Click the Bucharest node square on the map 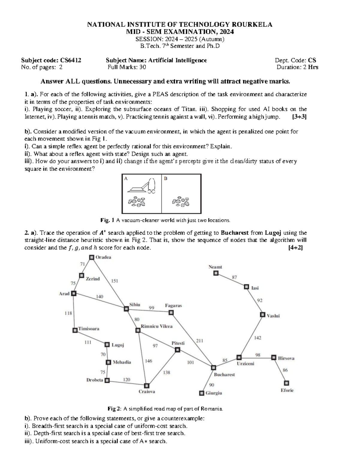pyautogui.click(x=214, y=368)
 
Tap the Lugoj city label pyautogui.click(x=118, y=345)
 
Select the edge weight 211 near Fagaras pyautogui.click(x=199, y=341)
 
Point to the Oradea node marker pyautogui.click(x=91, y=257)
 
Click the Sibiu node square pyautogui.click(x=126, y=308)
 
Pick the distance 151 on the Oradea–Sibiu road pyautogui.click(x=115, y=281)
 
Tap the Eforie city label pyautogui.click(x=287, y=390)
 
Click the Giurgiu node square pyautogui.click(x=202, y=393)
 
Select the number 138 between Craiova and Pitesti pyautogui.click(x=166, y=372)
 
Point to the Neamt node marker pyautogui.click(x=216, y=273)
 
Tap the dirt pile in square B pyautogui.click(x=181, y=202)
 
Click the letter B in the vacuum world pyautogui.click(x=166, y=179)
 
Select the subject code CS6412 pyautogui.click(x=71, y=60)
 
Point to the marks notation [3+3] pyautogui.click(x=299, y=117)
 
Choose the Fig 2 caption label pyautogui.click(x=114, y=409)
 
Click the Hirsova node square pyautogui.click(x=274, y=358)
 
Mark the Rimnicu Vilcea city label pyautogui.click(x=157, y=326)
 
